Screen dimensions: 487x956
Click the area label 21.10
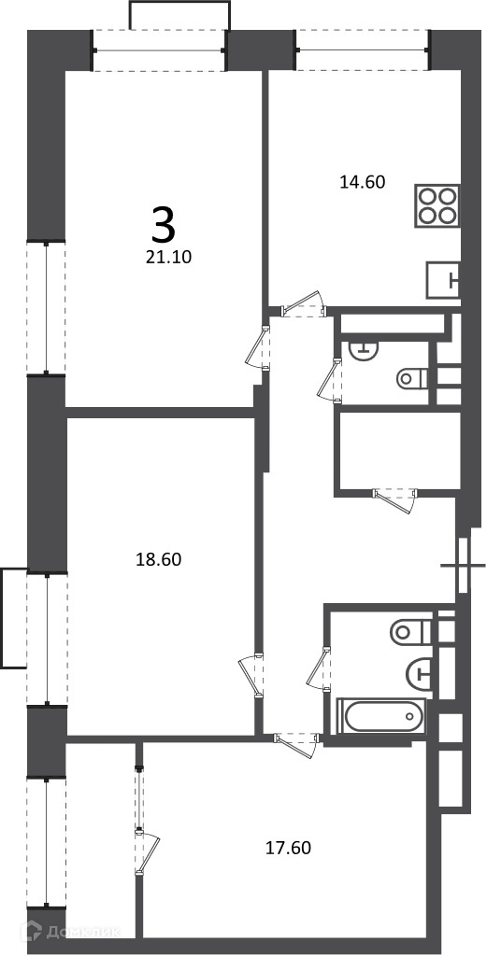168,258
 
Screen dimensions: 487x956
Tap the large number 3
164,224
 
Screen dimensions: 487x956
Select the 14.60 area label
363,181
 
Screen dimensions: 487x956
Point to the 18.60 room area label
159,559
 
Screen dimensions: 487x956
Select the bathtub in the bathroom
382,716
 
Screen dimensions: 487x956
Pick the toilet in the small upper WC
412,379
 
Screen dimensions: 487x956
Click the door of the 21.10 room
259,349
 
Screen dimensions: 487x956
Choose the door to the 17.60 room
297,742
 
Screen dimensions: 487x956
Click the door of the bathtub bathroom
320,668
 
